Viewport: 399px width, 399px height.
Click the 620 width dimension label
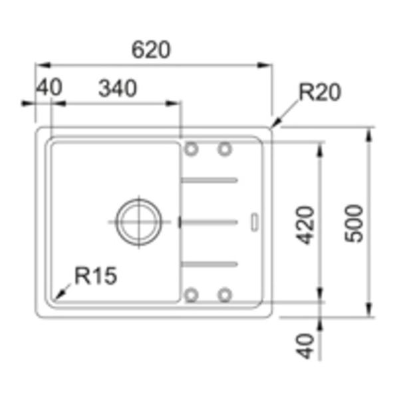(151, 50)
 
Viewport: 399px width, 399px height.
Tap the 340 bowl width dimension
(118, 88)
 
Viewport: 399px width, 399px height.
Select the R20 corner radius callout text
(320, 92)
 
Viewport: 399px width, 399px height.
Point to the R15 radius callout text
(96, 275)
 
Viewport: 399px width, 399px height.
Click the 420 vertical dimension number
(305, 225)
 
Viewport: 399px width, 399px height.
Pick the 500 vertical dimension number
(354, 223)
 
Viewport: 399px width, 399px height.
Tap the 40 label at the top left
(49, 87)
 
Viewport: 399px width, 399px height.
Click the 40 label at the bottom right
(305, 346)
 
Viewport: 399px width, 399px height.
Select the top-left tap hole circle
(192, 149)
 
